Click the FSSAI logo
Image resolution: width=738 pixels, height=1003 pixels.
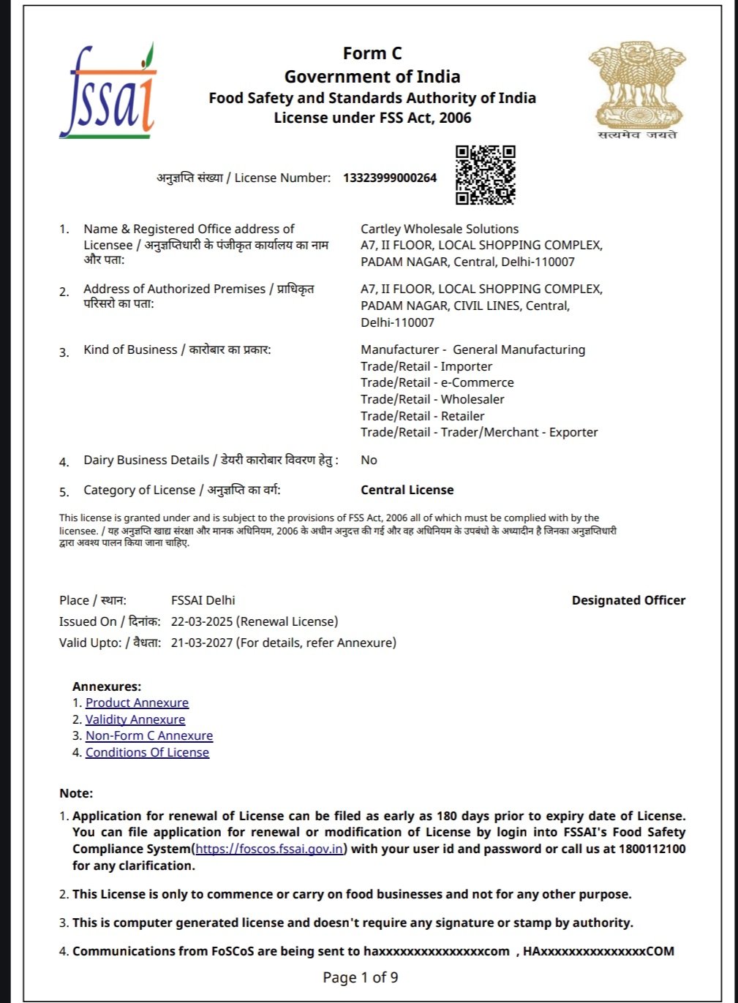108,92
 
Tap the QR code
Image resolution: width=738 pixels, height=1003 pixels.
485,175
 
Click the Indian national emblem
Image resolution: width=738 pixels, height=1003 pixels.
637,88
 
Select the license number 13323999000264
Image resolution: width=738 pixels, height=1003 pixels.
390,178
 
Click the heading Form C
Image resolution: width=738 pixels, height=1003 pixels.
372,53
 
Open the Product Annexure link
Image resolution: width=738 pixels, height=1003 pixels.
137,703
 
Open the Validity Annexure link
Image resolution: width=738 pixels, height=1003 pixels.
135,719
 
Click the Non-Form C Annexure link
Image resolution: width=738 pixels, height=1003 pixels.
149,735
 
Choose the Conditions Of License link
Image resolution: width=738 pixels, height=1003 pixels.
147,752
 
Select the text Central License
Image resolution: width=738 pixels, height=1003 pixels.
407,490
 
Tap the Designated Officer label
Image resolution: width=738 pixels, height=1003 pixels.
628,600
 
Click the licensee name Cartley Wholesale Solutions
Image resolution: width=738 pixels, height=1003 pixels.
440,229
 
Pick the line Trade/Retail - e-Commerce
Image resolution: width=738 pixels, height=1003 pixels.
437,382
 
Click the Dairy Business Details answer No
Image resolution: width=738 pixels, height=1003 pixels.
369,460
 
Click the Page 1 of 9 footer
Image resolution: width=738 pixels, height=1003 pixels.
361,977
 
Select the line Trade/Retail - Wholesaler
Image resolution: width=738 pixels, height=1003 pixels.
432,399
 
